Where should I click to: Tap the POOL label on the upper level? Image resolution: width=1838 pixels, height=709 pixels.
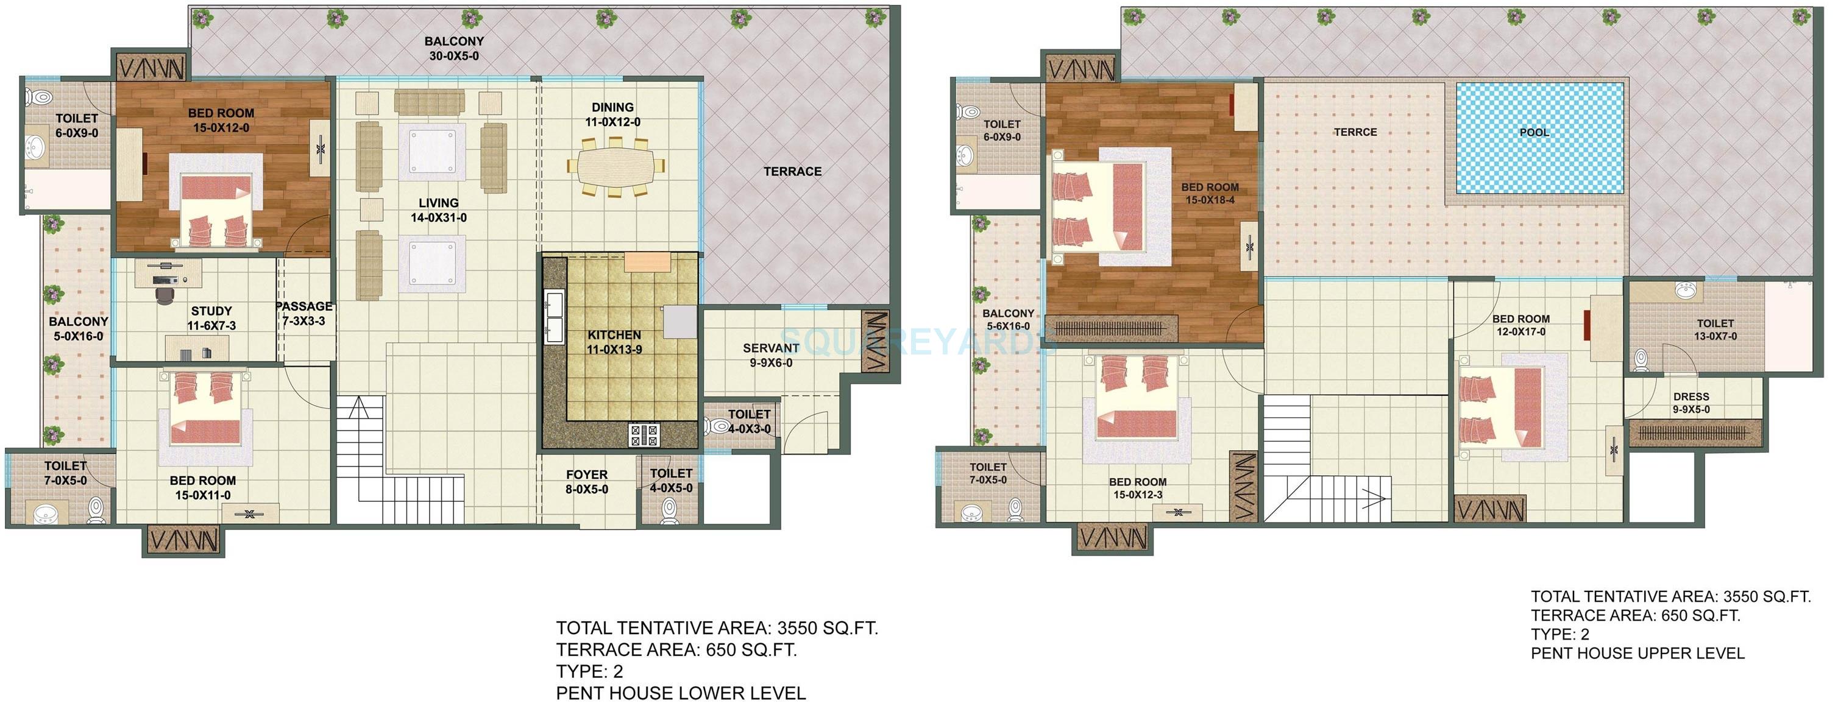(1534, 133)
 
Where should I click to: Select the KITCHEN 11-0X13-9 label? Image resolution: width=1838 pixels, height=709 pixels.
(614, 342)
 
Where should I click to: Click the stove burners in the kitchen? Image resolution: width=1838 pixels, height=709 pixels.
(644, 434)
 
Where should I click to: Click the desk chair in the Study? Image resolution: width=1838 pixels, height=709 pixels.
(165, 292)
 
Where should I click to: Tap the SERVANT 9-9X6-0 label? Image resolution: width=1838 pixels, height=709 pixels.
(770, 355)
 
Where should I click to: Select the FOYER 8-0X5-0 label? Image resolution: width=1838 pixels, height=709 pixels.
(586, 481)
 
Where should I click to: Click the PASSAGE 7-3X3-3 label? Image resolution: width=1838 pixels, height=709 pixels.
(304, 314)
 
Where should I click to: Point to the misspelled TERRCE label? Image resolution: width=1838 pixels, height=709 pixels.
(1355, 133)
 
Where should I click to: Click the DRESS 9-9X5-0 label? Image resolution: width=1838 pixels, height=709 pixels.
(1691, 403)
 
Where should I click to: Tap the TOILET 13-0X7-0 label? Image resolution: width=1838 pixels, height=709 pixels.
(1716, 330)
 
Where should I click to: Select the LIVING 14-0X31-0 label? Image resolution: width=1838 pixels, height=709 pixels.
(438, 210)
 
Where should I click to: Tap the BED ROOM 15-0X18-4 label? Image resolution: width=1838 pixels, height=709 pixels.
(1210, 193)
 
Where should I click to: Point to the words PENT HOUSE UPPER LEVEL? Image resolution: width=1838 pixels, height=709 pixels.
(1638, 654)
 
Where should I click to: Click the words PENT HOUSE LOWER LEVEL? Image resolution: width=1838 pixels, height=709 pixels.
(681, 693)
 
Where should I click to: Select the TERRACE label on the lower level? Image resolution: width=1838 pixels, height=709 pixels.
(792, 172)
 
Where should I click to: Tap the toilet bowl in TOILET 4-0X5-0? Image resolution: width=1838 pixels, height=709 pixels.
(669, 510)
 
